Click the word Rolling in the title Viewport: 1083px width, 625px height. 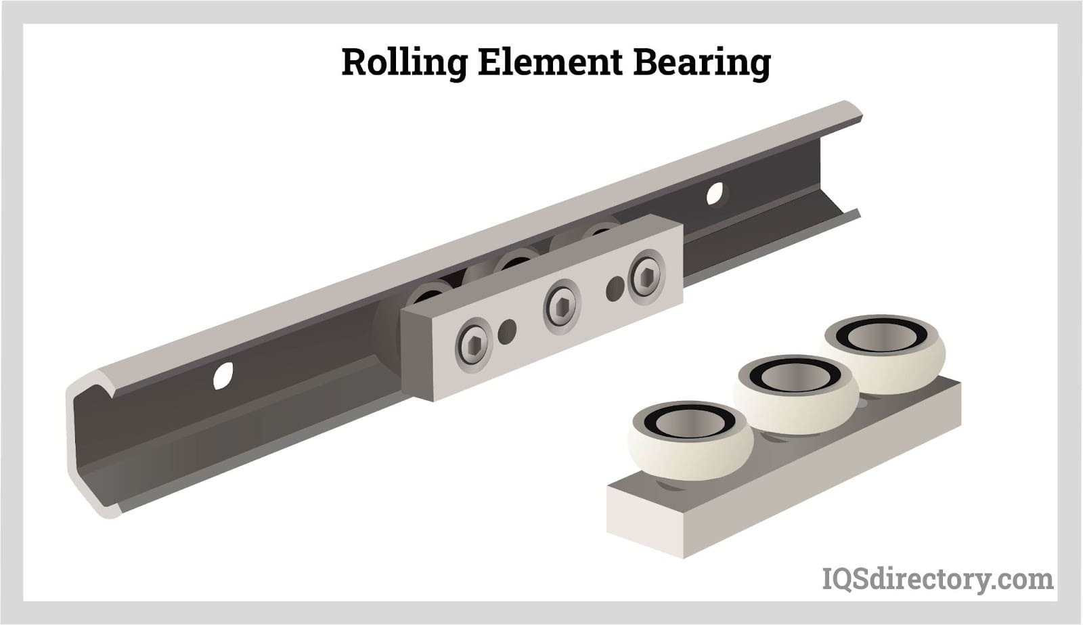[404, 62]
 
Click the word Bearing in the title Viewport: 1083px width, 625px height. [702, 62]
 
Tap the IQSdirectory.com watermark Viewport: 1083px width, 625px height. [937, 580]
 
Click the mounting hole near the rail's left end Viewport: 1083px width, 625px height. [223, 375]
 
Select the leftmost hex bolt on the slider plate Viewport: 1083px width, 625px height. [473, 345]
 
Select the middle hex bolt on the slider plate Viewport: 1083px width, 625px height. [562, 307]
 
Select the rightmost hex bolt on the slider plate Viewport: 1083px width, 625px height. [647, 277]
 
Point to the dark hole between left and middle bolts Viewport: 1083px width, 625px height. [507, 332]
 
